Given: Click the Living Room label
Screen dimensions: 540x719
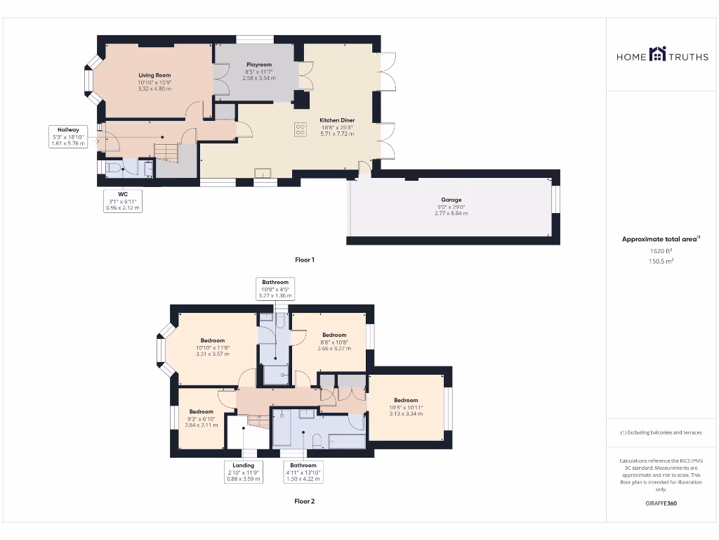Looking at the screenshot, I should point(154,75).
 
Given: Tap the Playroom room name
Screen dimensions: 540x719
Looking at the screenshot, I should point(258,65).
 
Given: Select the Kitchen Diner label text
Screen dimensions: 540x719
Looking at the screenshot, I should point(337,120).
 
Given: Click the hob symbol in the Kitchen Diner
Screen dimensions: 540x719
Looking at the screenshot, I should point(301,129).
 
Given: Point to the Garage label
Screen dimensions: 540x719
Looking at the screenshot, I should point(451,200).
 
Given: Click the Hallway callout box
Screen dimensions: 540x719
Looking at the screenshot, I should point(68,136).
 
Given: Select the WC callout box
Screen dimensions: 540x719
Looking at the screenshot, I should point(123,200).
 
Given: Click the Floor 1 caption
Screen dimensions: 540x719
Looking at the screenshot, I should point(304,260).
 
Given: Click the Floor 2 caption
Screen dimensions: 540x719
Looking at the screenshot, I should point(304,501).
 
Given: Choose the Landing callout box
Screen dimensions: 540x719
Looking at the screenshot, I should point(244,472).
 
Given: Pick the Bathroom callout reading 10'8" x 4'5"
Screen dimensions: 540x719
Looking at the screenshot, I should point(275,289).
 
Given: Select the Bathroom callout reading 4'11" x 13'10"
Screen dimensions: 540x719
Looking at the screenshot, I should point(303,472).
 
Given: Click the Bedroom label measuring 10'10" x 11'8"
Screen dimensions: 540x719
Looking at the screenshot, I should point(212,340).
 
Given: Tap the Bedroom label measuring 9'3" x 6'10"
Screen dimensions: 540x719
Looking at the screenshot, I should point(201,412).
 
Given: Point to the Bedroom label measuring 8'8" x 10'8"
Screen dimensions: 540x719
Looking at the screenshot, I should point(334,335).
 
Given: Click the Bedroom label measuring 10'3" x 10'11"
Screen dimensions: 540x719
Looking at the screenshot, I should point(406,401).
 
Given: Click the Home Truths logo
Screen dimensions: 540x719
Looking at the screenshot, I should point(662,55).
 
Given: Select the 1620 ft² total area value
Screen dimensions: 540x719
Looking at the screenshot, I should point(661,250).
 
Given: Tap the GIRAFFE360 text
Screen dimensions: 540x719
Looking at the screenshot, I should point(661,503).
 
